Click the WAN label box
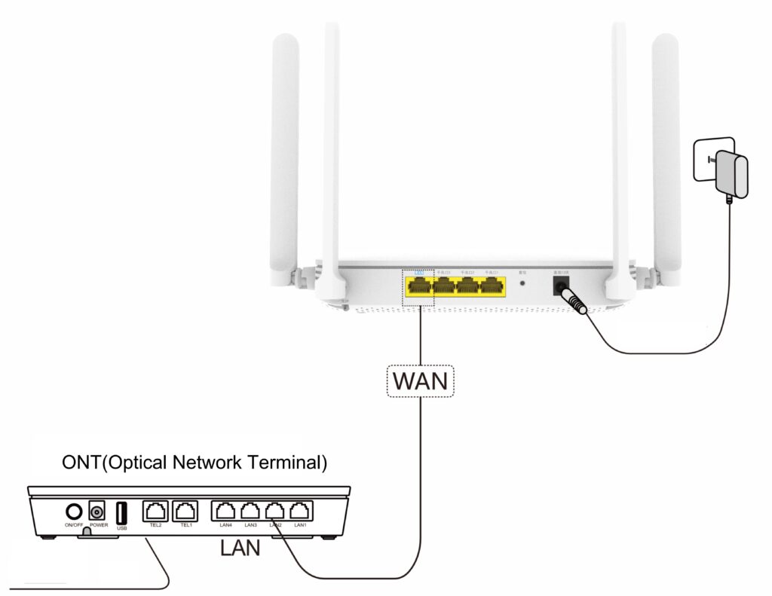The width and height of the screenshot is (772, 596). coord(421,381)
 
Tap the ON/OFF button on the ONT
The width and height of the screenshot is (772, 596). coord(73,512)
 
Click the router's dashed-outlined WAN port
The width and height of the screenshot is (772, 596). coord(418,286)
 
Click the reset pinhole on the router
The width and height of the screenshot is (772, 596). coord(523,284)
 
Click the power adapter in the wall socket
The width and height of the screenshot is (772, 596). coord(731,173)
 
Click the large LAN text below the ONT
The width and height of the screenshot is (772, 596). coord(240,548)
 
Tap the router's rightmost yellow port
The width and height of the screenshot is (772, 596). coord(492,286)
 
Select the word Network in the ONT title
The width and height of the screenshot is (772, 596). coord(204,462)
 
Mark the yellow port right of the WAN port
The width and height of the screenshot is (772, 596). coord(443,286)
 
